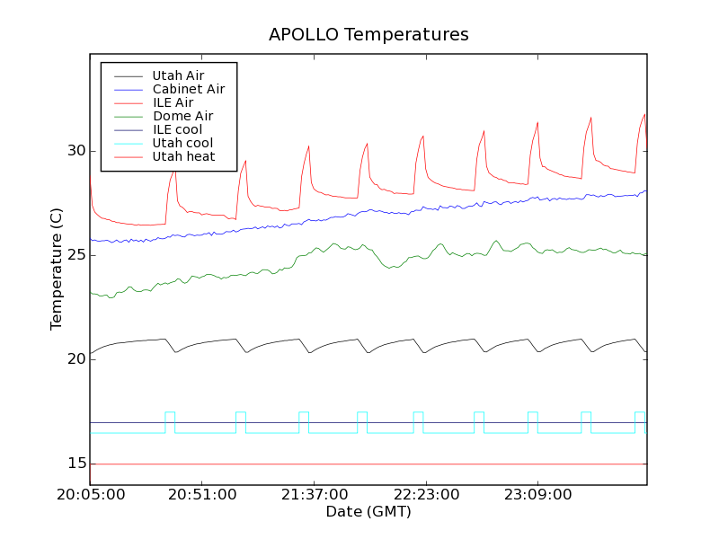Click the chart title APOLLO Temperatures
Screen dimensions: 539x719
point(368,35)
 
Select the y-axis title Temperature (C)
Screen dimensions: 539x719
point(57,269)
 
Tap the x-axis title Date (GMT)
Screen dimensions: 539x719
point(368,511)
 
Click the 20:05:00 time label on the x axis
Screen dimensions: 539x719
point(90,494)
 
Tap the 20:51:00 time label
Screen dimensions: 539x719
point(201,494)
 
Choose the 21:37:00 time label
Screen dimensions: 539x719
point(314,494)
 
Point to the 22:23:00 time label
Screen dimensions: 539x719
point(425,494)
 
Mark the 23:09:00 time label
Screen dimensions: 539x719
point(537,494)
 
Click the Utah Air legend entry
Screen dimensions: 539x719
point(178,75)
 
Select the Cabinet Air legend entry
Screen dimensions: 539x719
point(188,89)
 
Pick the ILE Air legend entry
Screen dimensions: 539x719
point(173,102)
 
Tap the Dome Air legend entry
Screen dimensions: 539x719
point(182,116)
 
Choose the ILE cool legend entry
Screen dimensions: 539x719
point(177,129)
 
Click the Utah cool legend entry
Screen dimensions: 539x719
point(182,143)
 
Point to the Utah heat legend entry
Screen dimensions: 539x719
point(182,156)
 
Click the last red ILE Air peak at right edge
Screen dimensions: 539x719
point(644,114)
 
